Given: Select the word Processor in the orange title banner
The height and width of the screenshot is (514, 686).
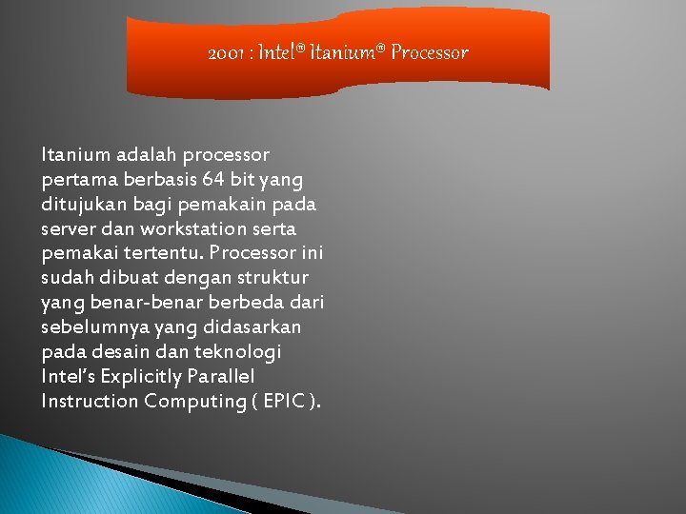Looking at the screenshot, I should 429,53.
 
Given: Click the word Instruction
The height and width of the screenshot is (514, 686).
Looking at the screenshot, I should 90,402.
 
